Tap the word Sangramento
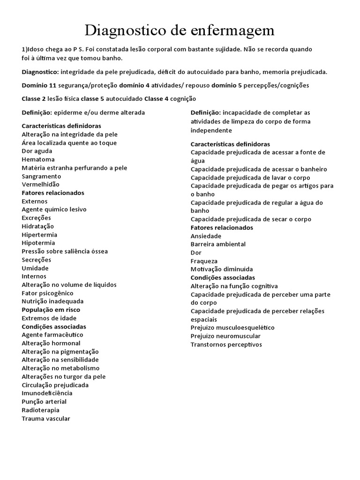click(x=41, y=176)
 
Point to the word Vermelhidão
click(x=41, y=185)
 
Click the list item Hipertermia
click(x=39, y=234)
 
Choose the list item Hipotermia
click(x=38, y=243)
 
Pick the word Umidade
click(x=35, y=268)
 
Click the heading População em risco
click(x=51, y=310)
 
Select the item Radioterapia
click(x=41, y=410)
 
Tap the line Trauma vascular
click(x=46, y=419)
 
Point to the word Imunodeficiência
click(x=47, y=393)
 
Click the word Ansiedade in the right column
click(x=206, y=236)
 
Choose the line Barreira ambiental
click(x=218, y=244)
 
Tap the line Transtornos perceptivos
click(x=226, y=345)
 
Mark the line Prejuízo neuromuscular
click(x=226, y=336)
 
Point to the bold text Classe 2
click(x=34, y=99)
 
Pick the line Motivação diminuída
click(x=222, y=270)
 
